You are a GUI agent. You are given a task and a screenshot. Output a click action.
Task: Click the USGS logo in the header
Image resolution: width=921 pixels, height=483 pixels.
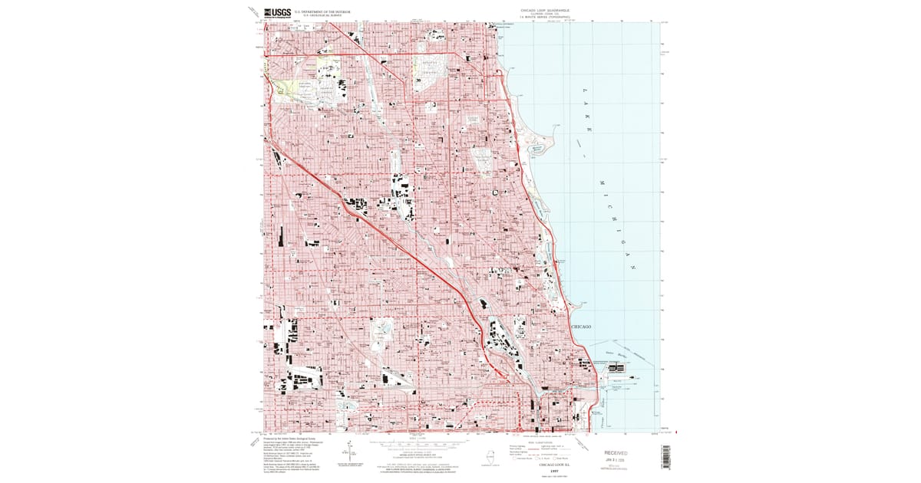(278, 12)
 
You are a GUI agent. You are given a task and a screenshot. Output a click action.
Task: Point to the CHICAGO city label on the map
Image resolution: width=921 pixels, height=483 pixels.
(581, 327)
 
